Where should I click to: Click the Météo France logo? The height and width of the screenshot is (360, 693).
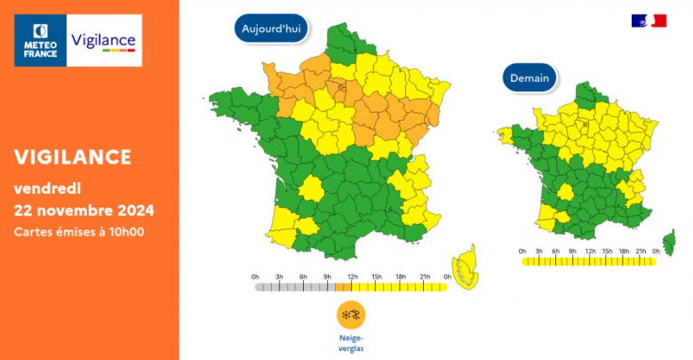[41, 40]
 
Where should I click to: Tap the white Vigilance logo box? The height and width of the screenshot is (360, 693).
[104, 40]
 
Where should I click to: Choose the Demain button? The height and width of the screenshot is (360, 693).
[530, 77]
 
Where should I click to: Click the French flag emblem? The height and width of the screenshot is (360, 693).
[649, 20]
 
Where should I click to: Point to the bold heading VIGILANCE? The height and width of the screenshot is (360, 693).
[73, 157]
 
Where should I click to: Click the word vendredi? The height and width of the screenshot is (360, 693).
[48, 188]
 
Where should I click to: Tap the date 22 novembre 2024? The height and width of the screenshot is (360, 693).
[84, 211]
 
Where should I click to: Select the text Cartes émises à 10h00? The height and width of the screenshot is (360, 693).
[79, 232]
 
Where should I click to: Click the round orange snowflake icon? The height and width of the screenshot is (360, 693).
[351, 315]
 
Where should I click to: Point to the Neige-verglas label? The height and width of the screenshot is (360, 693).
[351, 343]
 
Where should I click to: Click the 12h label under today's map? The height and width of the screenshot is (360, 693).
[352, 277]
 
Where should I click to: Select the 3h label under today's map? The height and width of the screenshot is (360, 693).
[279, 277]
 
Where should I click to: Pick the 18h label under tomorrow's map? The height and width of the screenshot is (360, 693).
[624, 252]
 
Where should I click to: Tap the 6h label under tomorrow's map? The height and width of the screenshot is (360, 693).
[556, 252]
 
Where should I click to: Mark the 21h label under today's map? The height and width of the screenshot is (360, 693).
[425, 277]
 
